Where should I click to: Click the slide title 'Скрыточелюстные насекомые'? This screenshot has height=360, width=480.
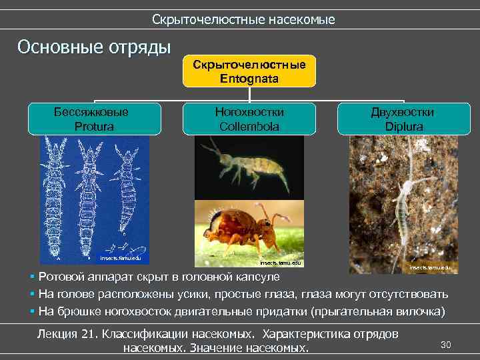243,20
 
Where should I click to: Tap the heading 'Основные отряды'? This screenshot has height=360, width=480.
94,48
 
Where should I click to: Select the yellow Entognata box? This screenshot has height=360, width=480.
249,71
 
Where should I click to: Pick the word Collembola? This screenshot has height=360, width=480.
249,125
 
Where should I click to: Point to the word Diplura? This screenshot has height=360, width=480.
403,125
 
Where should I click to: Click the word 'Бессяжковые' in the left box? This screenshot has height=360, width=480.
91,112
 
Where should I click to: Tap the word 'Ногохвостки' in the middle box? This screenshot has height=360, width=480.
249,112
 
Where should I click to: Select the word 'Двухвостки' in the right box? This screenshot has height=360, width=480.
403,112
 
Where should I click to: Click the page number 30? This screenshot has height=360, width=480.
446,345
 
